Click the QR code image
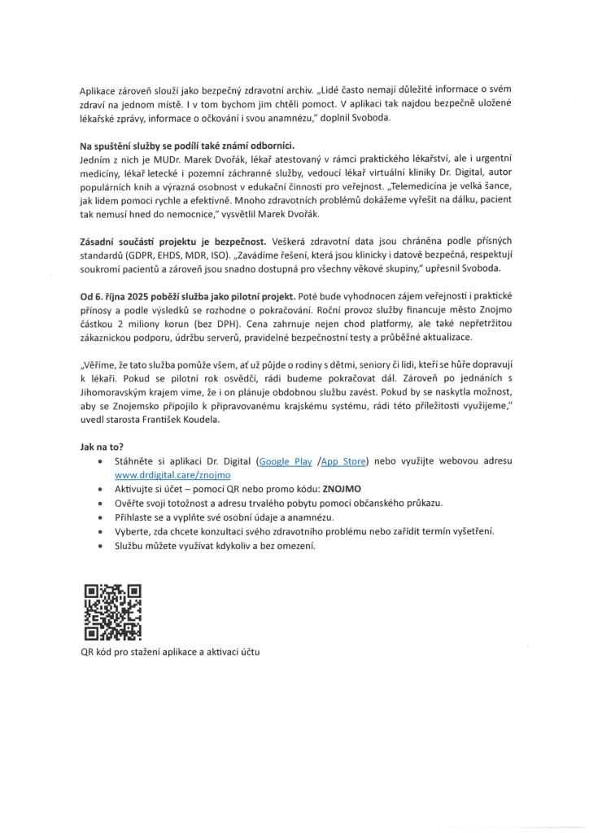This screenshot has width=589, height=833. coord(112,612)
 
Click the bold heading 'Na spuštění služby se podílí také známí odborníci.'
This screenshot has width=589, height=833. coord(192,146)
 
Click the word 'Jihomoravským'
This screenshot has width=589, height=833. coord(116,391)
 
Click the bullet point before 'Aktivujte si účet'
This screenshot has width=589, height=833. coord(98,490)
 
